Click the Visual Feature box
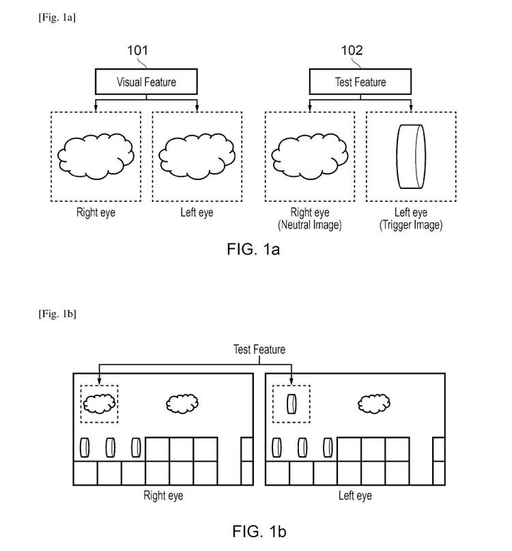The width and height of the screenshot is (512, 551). click(x=145, y=83)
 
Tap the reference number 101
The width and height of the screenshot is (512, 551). click(x=137, y=50)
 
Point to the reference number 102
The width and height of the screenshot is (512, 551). click(x=352, y=50)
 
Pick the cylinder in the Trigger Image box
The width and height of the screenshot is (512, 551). click(x=410, y=157)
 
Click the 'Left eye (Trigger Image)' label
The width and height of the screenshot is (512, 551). click(x=410, y=219)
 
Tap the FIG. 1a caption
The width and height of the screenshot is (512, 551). click(x=253, y=250)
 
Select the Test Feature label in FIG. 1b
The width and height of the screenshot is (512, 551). click(x=259, y=349)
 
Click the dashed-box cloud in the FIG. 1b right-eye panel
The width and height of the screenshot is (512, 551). click(x=98, y=403)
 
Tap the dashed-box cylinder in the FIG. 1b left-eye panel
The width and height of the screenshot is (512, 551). click(x=291, y=403)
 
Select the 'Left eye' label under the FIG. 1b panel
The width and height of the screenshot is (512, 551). click(x=355, y=495)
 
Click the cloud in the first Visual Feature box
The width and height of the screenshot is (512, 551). click(x=96, y=156)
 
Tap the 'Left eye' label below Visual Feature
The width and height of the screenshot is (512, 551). click(x=197, y=213)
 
